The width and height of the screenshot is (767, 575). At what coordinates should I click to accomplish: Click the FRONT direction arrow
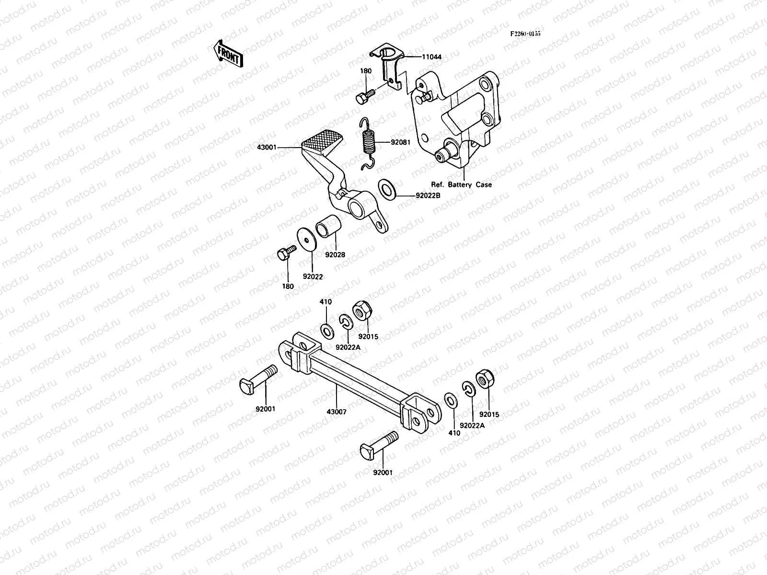click(227, 53)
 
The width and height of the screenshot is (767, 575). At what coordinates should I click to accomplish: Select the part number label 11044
click(431, 57)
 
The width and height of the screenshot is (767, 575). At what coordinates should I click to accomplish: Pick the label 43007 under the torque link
click(336, 412)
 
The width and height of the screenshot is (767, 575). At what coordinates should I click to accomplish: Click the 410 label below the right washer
click(454, 433)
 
